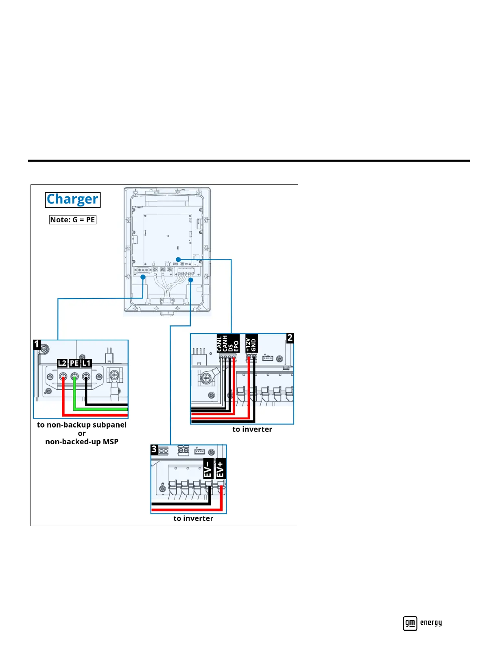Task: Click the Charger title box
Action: pos(72,200)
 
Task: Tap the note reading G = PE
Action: pos(72,220)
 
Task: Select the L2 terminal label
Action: pos(62,363)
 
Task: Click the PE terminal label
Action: pos(74,363)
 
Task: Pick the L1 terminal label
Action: pos(86,363)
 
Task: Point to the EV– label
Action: pos(208,469)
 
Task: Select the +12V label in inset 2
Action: pos(248,344)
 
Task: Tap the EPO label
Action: pos(236,344)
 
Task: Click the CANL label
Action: pos(220,344)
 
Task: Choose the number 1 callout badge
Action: pos(37,344)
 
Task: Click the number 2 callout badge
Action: pos(290,338)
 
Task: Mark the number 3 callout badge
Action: pos(154,449)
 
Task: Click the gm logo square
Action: pos(410,623)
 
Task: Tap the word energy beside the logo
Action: pos(431,623)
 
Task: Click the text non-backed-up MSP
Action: pos(82,442)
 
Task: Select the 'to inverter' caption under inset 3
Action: pos(193,518)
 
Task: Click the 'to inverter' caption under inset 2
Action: pos(252,429)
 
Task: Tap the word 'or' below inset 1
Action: pos(82,433)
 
